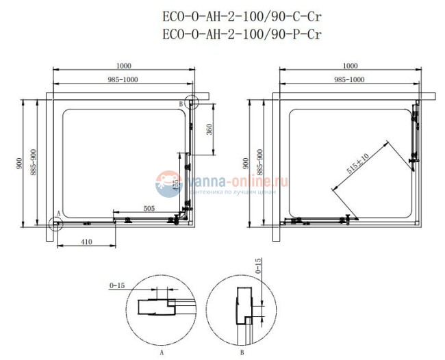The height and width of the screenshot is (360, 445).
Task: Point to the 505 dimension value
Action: (x=149, y=208)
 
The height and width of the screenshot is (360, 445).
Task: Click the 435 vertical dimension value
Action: (x=176, y=184)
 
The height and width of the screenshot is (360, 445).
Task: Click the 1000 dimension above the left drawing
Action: (x=123, y=66)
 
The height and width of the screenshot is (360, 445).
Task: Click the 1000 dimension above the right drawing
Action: (x=349, y=66)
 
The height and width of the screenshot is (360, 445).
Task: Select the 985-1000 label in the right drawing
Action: (x=349, y=80)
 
